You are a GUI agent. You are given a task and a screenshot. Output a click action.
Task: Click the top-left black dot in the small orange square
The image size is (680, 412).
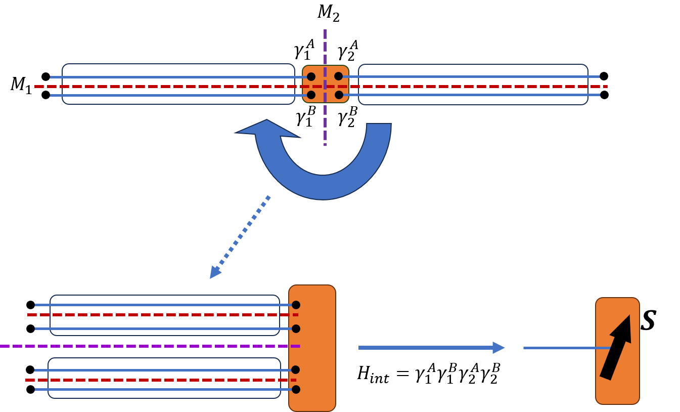point(311,76)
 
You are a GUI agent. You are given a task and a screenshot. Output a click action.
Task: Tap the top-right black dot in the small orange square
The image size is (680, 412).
point(339,76)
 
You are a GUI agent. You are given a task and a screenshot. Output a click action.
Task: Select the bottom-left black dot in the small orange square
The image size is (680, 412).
point(311,95)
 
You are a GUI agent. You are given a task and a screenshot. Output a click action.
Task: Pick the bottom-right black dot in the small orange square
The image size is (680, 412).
point(339,95)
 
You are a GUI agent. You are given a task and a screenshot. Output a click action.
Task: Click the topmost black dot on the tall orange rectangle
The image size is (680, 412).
point(296,305)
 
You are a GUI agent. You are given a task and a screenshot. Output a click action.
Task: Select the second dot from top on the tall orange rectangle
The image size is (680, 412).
point(296,328)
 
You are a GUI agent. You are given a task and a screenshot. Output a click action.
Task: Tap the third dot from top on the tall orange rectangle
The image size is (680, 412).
point(295,369)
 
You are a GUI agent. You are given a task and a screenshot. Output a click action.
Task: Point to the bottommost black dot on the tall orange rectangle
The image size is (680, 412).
point(296,389)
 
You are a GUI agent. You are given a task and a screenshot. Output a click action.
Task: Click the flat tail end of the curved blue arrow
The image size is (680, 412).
point(379,125)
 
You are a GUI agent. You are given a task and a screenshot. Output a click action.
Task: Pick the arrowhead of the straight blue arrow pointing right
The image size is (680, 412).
point(498,348)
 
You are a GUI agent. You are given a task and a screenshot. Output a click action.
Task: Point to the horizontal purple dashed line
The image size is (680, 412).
point(152,346)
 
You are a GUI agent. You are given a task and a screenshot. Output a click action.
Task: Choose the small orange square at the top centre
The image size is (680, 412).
point(325,84)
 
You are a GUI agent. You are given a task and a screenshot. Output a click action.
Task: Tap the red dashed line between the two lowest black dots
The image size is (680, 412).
point(152,380)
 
